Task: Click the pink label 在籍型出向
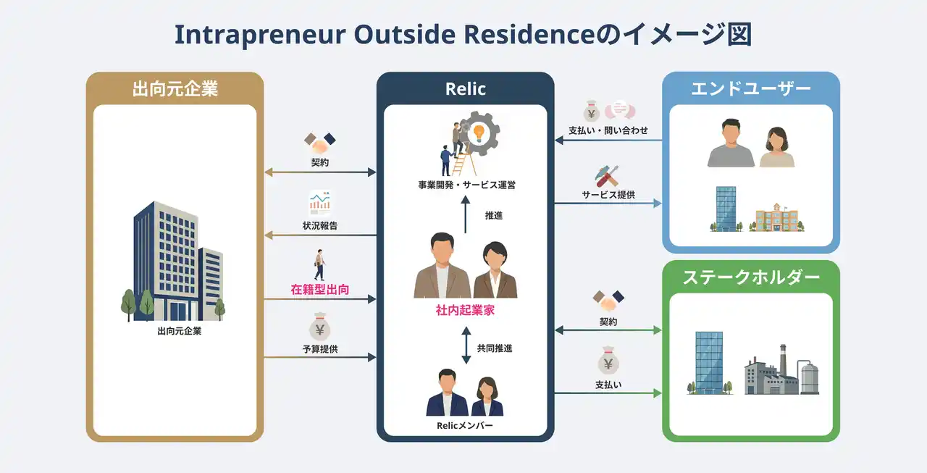point(319,290)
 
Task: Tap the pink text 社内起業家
point(465,311)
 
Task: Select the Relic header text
point(465,89)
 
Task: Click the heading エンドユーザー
point(751,89)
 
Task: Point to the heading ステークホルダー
point(751,277)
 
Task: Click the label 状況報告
point(319,226)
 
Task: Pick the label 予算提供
point(319,349)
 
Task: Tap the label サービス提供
point(608,195)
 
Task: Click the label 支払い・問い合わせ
point(608,130)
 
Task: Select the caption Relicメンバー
point(465,425)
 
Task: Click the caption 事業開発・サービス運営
point(465,185)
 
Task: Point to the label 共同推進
point(495,348)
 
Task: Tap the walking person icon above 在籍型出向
point(319,264)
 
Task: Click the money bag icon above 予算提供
point(319,329)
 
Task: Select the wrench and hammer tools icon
point(607,175)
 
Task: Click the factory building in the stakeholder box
point(771,373)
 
